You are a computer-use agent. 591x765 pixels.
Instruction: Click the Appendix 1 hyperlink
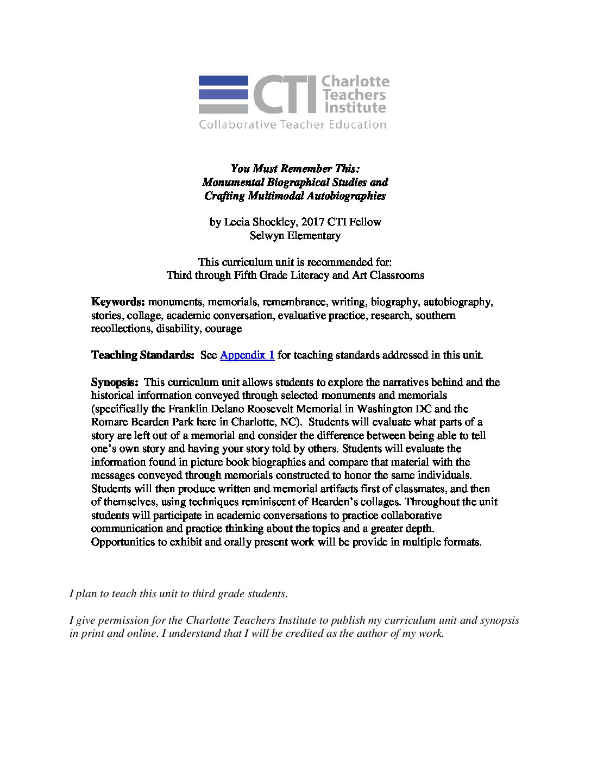[x=247, y=355]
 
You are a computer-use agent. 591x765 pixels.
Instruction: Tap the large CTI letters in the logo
[x=284, y=95]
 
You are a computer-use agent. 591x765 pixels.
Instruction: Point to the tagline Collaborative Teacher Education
[x=292, y=125]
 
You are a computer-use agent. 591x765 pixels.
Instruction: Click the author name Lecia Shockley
[x=258, y=222]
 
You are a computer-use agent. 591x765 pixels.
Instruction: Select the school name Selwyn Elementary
[x=295, y=235]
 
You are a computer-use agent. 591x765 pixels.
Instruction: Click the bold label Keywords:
[x=118, y=302]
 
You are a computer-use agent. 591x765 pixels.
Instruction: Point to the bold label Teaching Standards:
[x=142, y=355]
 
